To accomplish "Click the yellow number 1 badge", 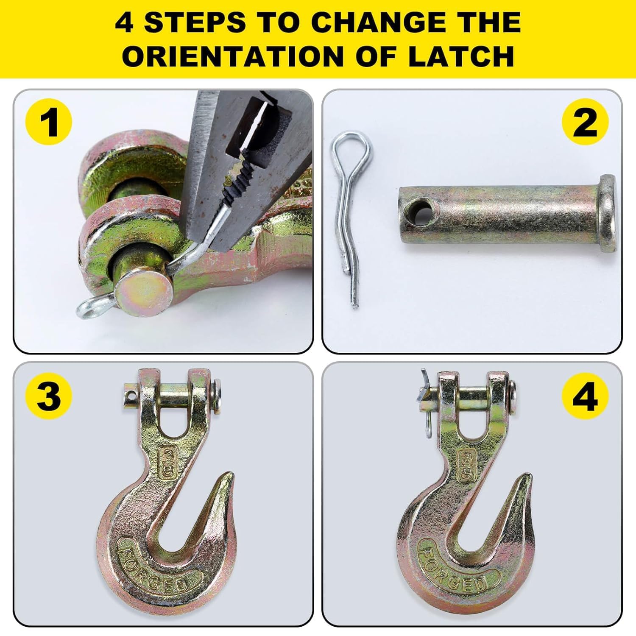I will pos(49,123).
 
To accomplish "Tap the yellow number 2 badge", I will pos(585,123).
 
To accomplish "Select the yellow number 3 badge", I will pos(49,396).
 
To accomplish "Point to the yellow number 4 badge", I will pos(585,396).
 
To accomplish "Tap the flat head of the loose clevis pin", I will pos(608,213).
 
